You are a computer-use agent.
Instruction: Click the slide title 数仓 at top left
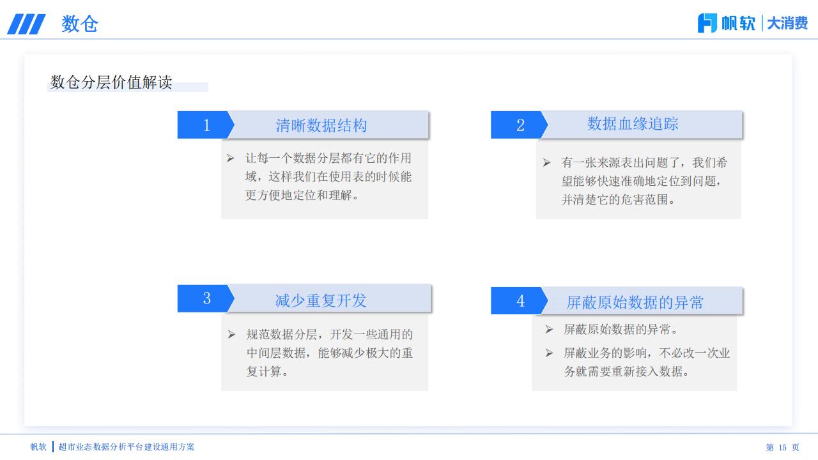point(80,24)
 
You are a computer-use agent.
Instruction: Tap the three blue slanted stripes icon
point(26,24)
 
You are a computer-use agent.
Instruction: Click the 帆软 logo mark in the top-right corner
point(707,23)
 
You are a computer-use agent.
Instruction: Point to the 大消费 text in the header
point(787,24)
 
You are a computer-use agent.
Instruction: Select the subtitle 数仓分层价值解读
point(111,82)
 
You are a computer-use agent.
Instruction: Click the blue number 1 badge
point(206,125)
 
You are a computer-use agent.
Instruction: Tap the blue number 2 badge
point(520,125)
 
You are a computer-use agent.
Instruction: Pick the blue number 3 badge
point(206,298)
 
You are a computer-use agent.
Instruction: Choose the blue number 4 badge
point(520,301)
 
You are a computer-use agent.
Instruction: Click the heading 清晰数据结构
point(321,125)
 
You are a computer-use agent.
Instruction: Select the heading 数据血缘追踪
point(633,124)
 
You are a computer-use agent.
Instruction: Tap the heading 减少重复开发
point(321,300)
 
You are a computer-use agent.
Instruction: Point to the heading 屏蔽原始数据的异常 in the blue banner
point(635,302)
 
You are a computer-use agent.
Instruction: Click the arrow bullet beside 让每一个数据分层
point(230,158)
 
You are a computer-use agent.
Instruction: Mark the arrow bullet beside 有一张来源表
point(546,162)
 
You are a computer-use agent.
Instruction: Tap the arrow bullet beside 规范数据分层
point(231,334)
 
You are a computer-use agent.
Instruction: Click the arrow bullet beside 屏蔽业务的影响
point(549,353)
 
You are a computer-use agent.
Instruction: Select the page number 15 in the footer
point(782,447)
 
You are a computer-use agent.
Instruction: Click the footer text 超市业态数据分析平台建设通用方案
point(126,447)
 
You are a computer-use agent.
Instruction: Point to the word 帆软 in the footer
point(38,447)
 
